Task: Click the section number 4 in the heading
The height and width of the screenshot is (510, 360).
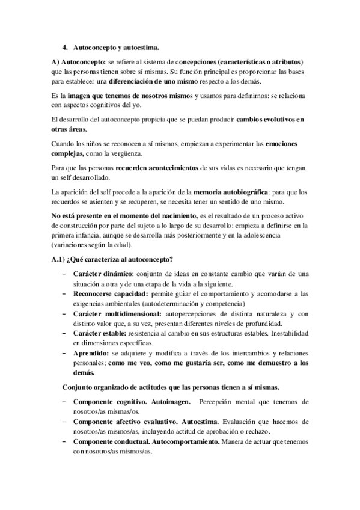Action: [x=64, y=46]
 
